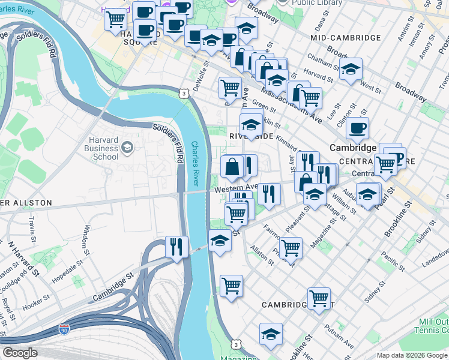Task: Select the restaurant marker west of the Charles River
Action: click(176, 247)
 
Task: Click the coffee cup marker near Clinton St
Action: click(357, 127)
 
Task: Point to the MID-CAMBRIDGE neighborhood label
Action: click(345, 38)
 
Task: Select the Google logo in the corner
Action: click(20, 353)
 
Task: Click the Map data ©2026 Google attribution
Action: click(412, 355)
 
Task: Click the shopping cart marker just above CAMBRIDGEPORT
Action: click(318, 297)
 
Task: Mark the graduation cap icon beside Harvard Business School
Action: click(127, 147)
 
